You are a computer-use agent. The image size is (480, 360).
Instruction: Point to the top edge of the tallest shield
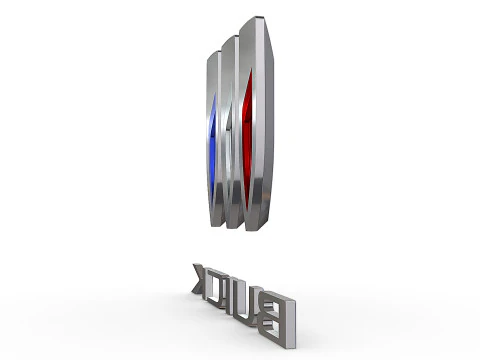(258, 19)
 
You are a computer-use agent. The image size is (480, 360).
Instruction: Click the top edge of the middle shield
(233, 38)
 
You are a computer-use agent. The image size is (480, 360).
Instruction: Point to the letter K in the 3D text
(199, 281)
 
